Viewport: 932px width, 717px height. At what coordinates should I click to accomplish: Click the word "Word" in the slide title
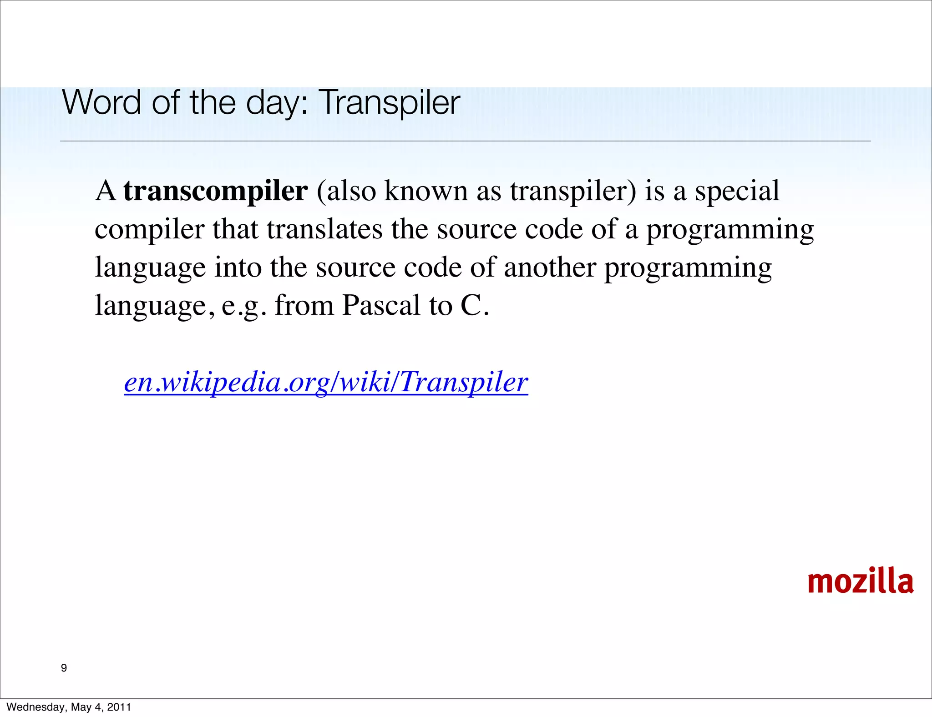(101, 103)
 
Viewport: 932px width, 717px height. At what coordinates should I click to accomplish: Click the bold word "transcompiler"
(216, 192)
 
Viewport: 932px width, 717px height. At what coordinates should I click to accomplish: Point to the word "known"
(426, 191)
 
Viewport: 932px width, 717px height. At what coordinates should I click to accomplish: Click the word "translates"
(324, 229)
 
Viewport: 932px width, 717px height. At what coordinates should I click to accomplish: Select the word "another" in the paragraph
(550, 268)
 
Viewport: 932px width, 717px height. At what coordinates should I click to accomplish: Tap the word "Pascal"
(381, 305)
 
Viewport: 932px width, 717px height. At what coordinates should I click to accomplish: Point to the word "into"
(238, 268)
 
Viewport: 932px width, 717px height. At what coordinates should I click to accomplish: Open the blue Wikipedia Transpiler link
(326, 382)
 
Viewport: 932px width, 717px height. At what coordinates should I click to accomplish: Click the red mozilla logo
(860, 582)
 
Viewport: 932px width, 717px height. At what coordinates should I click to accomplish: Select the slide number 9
(64, 668)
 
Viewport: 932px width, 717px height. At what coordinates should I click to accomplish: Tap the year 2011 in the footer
(119, 707)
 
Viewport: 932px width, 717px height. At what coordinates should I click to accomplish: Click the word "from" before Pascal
(304, 305)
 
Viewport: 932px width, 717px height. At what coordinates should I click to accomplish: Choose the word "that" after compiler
(235, 229)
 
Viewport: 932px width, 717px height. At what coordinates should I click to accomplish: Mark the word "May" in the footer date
(81, 707)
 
